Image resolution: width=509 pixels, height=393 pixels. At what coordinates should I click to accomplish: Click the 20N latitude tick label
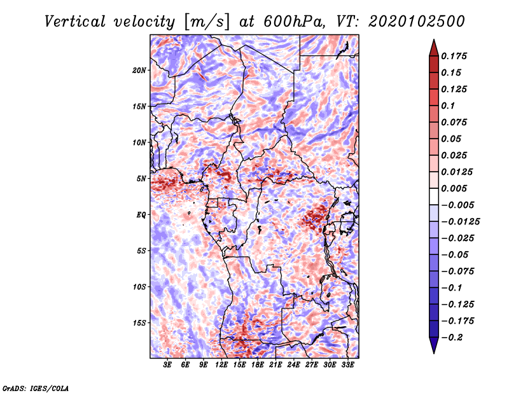point(139,70)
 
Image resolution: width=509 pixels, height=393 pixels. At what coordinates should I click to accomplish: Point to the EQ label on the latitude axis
point(141,215)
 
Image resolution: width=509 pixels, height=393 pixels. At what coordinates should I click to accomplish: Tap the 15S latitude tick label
point(139,323)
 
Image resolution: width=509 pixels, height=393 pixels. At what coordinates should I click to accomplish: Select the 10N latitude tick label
point(139,142)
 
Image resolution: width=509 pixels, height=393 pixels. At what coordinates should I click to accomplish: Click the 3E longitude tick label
point(167,365)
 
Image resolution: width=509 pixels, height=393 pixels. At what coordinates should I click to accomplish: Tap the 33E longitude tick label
point(347,365)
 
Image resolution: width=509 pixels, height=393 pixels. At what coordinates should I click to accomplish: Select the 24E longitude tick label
point(293,365)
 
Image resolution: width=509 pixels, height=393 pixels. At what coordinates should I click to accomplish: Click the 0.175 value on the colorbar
point(454,56)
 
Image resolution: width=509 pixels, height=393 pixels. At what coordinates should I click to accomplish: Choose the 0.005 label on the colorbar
point(454,188)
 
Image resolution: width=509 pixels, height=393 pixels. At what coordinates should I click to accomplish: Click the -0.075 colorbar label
point(457,272)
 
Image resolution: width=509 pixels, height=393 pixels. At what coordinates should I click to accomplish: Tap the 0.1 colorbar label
point(448,106)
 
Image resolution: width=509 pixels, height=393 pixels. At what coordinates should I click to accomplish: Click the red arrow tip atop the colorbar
point(434,39)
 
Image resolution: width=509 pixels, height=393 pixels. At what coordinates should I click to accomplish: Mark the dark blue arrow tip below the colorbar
point(434,353)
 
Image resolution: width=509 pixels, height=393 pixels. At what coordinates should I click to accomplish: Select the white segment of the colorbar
point(434,197)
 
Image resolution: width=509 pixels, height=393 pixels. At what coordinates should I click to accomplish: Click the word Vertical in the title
point(75,22)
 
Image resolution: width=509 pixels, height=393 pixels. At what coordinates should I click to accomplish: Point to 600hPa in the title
point(293,22)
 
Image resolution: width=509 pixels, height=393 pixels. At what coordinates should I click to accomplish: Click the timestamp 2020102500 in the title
point(417,22)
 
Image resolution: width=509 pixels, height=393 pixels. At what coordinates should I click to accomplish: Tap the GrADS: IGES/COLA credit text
point(36,388)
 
